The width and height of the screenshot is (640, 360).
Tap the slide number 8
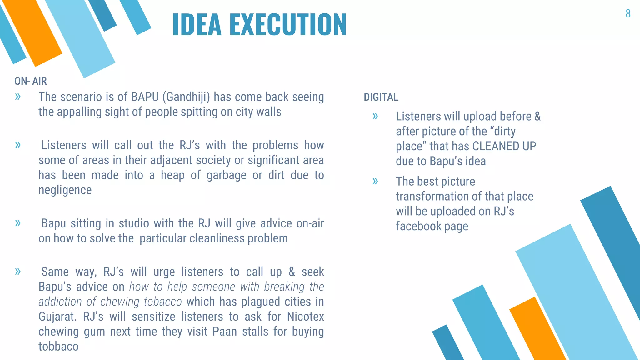pos(628,14)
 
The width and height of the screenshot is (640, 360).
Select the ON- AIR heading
pos(31,81)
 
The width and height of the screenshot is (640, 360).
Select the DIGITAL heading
pos(381,97)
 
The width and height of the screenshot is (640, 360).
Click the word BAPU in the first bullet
pos(145,97)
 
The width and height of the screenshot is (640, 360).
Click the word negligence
pos(65,190)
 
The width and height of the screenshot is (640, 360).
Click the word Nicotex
pos(305,317)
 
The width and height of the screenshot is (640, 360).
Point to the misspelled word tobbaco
pos(58,347)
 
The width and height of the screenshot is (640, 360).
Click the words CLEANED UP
pos(504,146)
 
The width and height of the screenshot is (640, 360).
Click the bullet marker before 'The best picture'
pos(375,181)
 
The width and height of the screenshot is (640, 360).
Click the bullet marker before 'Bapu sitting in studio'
pos(18,223)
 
